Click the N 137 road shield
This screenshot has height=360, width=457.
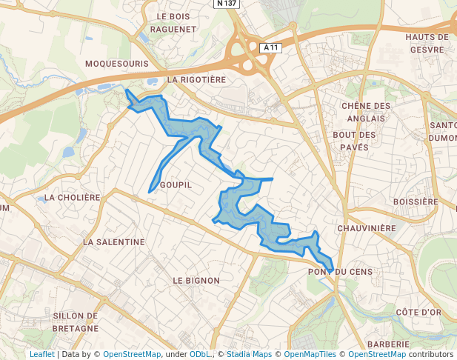click(227, 4)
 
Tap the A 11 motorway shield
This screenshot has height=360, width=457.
click(272, 47)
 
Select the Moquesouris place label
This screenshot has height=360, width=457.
click(117, 64)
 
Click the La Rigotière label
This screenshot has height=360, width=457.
click(196, 79)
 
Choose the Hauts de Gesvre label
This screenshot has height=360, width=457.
click(427, 43)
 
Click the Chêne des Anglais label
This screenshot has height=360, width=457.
click(365, 111)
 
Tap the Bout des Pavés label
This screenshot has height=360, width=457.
click(355, 141)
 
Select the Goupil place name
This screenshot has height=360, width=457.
click(176, 184)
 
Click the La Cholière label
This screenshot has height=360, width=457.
click(72, 198)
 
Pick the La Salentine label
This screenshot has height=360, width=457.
click(114, 242)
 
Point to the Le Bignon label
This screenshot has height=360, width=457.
click(196, 281)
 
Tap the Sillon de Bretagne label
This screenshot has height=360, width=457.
click(76, 321)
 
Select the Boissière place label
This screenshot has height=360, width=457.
click(416, 201)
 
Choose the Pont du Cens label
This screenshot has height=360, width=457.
click(337, 272)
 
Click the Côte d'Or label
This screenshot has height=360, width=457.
click(418, 313)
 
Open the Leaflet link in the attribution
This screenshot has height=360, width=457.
click(41, 354)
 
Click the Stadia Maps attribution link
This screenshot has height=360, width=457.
click(249, 354)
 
